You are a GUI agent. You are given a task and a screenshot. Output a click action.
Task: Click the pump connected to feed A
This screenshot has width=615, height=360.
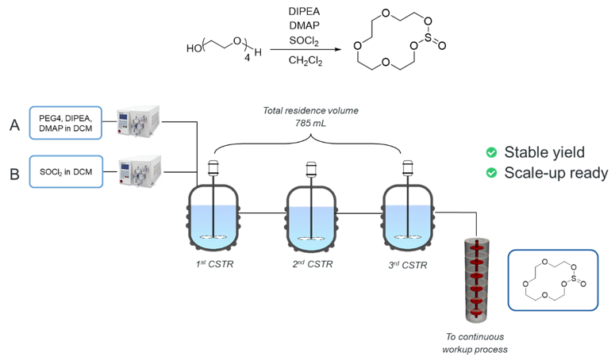(x=140, y=122)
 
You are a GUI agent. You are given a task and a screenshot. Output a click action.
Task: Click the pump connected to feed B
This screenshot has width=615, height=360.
(x=140, y=170)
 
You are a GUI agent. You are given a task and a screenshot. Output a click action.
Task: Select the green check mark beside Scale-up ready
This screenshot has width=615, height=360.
(x=492, y=173)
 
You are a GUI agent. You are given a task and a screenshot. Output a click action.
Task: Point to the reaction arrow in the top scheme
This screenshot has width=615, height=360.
(x=298, y=48)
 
